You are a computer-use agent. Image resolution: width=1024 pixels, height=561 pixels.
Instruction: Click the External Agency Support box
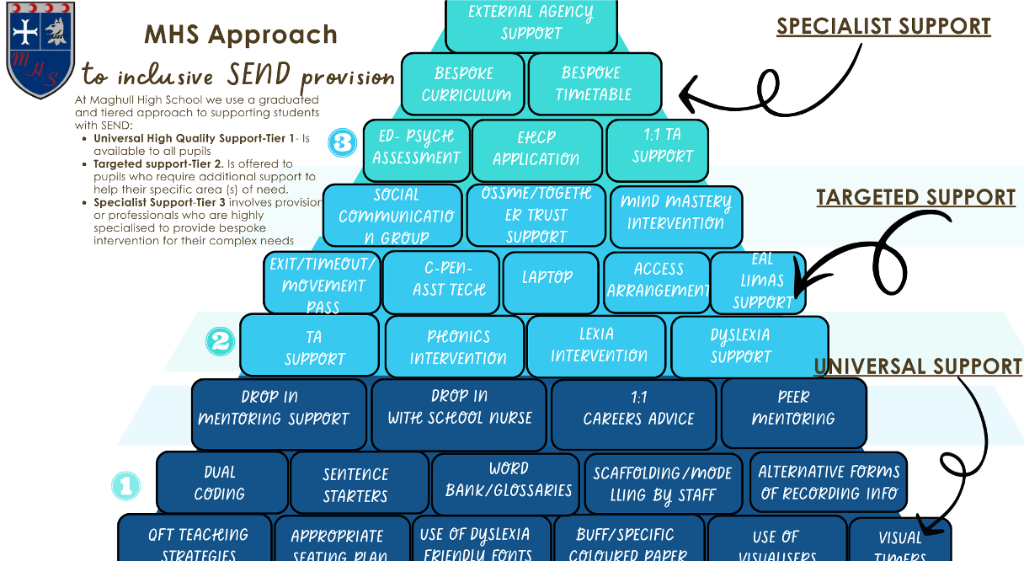point(531,24)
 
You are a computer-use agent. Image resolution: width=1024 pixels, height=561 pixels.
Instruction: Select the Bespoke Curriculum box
point(464,84)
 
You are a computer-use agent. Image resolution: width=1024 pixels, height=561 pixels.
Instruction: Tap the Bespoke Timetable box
point(595,84)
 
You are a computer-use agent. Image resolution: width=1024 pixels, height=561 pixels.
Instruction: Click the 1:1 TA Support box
point(662,146)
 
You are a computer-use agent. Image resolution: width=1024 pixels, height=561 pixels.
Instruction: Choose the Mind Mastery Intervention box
point(675,213)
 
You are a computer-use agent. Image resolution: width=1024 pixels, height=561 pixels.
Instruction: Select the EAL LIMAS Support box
point(758,281)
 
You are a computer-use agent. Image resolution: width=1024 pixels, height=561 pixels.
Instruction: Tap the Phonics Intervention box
point(457,346)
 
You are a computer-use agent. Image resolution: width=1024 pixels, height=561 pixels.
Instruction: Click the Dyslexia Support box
point(740,345)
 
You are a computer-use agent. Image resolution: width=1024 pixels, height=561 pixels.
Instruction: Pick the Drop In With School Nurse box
point(460,409)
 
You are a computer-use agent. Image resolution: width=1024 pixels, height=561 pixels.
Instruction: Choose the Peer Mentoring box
point(793,409)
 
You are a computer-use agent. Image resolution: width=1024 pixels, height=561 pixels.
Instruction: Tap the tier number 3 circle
point(342,143)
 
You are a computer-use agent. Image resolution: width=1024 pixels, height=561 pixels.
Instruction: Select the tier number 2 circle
point(220,341)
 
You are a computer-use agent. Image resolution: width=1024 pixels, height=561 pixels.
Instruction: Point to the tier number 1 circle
point(125,485)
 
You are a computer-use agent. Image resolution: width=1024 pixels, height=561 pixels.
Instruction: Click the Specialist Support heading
point(883,26)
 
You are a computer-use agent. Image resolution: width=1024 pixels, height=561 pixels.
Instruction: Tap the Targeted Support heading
point(915,198)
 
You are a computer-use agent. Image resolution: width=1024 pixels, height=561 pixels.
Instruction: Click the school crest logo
point(40,50)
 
